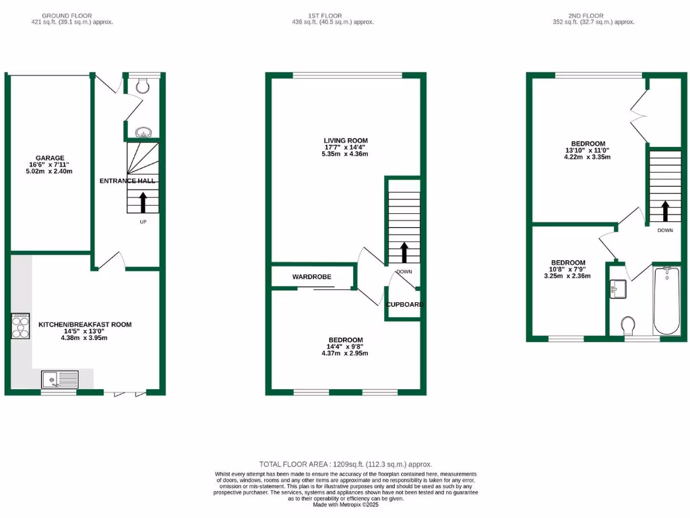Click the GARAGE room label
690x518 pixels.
51,158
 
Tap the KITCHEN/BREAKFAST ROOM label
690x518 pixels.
85,324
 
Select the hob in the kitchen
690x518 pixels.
20,326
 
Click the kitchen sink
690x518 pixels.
59,379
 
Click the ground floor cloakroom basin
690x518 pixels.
144,133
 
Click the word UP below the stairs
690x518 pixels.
143,222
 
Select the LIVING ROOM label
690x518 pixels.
345,141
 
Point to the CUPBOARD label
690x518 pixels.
404,304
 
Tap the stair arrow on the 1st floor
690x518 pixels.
404,252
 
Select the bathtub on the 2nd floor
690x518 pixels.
666,301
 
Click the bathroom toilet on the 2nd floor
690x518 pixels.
629,326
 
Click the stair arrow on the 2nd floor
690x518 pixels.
665,211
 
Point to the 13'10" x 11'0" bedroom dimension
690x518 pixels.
588,150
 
